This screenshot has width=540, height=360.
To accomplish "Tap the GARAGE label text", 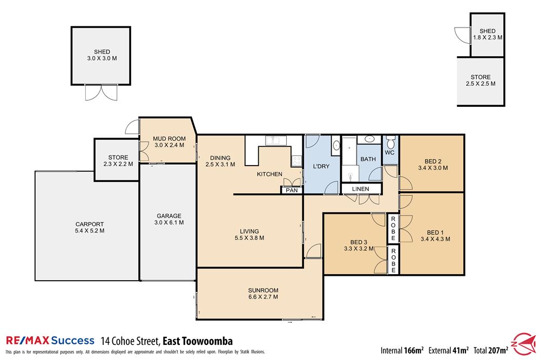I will click(x=169, y=215).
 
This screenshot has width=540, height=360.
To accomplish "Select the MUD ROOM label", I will click(x=167, y=138).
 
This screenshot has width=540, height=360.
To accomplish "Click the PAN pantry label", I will click(x=292, y=190).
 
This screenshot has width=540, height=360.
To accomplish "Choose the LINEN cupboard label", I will click(x=360, y=189).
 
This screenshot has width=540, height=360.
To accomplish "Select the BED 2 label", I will click(x=433, y=161).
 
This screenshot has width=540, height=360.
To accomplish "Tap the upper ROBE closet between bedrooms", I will click(x=393, y=228).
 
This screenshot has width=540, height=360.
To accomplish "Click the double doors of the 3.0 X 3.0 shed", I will click(x=101, y=93).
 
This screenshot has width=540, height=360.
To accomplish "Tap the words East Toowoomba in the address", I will click(x=198, y=341).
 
